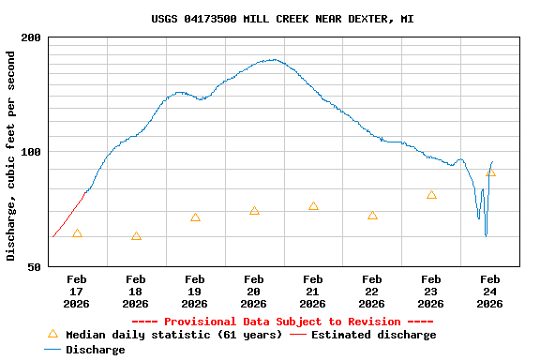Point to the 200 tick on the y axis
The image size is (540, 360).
[31, 37]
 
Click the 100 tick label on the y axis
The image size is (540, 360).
[31, 152]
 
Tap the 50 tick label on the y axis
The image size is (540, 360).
[35, 267]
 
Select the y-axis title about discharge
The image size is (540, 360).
[11, 156]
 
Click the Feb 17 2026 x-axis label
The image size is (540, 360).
[77, 291]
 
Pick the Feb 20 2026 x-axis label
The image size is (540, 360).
[254, 291]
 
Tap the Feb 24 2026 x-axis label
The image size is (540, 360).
[490, 291]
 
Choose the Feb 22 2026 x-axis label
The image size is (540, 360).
[372, 291]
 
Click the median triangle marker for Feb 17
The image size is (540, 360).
[77, 233]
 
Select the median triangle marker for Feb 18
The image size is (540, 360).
[136, 236]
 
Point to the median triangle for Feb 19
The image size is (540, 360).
[195, 217]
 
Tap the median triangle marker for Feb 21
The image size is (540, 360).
[313, 206]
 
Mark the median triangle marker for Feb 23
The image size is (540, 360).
[431, 195]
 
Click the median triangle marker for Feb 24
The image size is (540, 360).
[490, 172]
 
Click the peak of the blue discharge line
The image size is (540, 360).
[272, 60]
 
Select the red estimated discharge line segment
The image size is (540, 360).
[67, 217]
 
